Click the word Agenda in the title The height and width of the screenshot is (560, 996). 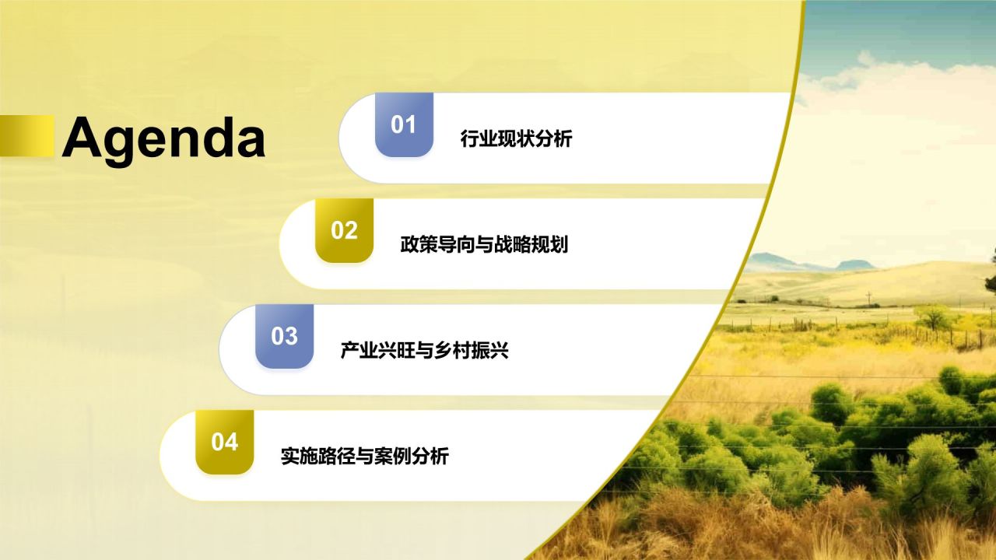pyautogui.click(x=163, y=138)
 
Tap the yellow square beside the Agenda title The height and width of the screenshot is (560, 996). pyautogui.click(x=26, y=136)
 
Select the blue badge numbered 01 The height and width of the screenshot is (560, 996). pyautogui.click(x=403, y=124)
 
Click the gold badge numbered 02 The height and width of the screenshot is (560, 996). pyautogui.click(x=344, y=230)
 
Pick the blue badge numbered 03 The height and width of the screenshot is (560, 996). pyautogui.click(x=284, y=336)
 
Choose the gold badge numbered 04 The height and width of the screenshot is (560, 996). pyautogui.click(x=224, y=442)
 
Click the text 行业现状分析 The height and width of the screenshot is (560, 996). pyautogui.click(x=516, y=139)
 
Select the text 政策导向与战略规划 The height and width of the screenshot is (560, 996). pyautogui.click(x=484, y=245)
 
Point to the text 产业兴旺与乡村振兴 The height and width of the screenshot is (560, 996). pyautogui.click(x=424, y=351)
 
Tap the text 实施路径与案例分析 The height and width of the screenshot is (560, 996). pyautogui.click(x=364, y=457)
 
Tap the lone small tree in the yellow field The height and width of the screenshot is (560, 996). pyautogui.click(x=933, y=316)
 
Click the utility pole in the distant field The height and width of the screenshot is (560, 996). pyautogui.click(x=868, y=298)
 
